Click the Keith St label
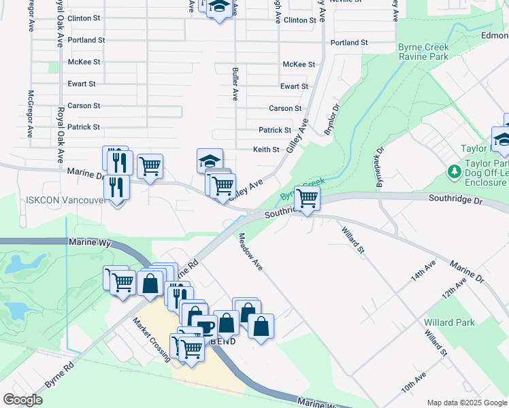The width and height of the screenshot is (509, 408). (266, 150)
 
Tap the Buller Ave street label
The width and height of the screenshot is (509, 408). (235, 84)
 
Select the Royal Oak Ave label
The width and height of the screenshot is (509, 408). (61, 135)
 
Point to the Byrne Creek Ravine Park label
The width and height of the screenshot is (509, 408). (423, 53)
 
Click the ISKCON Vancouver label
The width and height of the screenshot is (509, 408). (57, 200)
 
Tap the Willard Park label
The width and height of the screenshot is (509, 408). (448, 322)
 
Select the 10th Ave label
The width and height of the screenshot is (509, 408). (413, 383)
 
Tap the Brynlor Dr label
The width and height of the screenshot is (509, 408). (331, 120)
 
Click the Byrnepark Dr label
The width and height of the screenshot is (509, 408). (381, 167)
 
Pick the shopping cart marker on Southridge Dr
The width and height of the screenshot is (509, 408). (308, 199)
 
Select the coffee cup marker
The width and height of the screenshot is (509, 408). (203, 326)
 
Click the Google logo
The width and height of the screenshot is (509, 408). (22, 400)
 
